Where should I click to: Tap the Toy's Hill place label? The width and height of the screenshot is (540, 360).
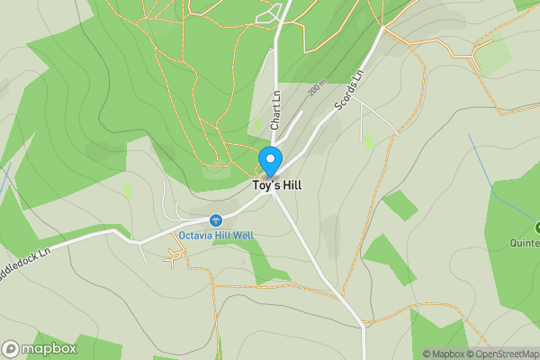point(276,185)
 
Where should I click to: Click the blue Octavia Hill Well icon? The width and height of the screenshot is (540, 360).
point(216,220)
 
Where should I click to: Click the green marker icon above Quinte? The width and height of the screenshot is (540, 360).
point(537,228)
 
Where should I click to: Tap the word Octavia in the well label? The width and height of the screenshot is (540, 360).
point(194,236)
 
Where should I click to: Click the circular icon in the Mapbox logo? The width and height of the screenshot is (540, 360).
point(11,349)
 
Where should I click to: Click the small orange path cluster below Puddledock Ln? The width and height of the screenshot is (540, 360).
point(175,259)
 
